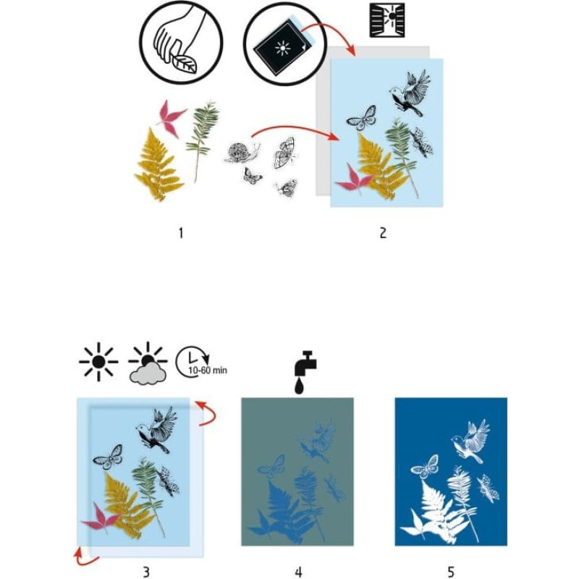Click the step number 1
coord(181,233)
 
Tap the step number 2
coord(383,233)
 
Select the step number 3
coord(146,572)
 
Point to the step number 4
coord(298,572)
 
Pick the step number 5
coord(451,572)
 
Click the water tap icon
coord(305,372)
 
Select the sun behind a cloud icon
coord(148,363)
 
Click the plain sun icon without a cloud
coord(98,362)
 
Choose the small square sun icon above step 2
coord(387,20)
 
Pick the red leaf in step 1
coord(170,117)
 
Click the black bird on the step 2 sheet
coord(409,93)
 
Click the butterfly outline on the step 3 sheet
coord(108,457)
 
